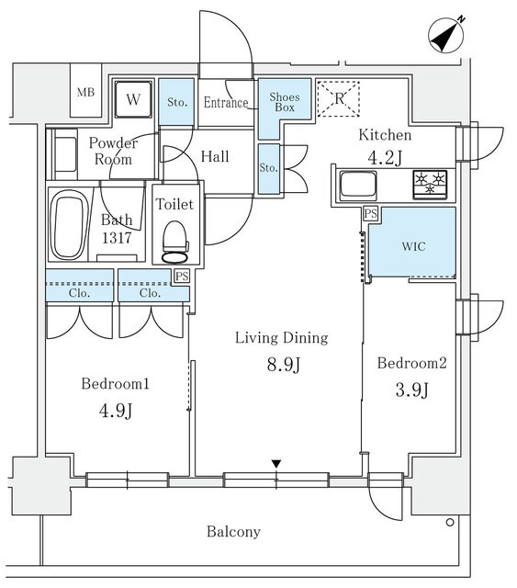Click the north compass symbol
[446, 35]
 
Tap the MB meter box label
[85, 92]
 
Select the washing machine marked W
[133, 99]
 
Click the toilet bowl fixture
[174, 242]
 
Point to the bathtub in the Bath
[67, 225]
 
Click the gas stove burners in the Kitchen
[430, 185]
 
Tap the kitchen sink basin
[358, 185]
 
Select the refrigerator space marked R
[339, 98]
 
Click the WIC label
[413, 246]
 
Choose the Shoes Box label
[285, 102]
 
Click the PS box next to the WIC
[370, 214]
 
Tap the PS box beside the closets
[182, 277]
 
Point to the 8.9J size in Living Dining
[284, 364]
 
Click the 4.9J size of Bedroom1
[116, 411]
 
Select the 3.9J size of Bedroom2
[411, 390]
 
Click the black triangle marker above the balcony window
[276, 464]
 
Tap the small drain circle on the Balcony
[450, 522]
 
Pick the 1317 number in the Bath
[117, 238]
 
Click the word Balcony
[233, 532]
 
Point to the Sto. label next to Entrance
[177, 102]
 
